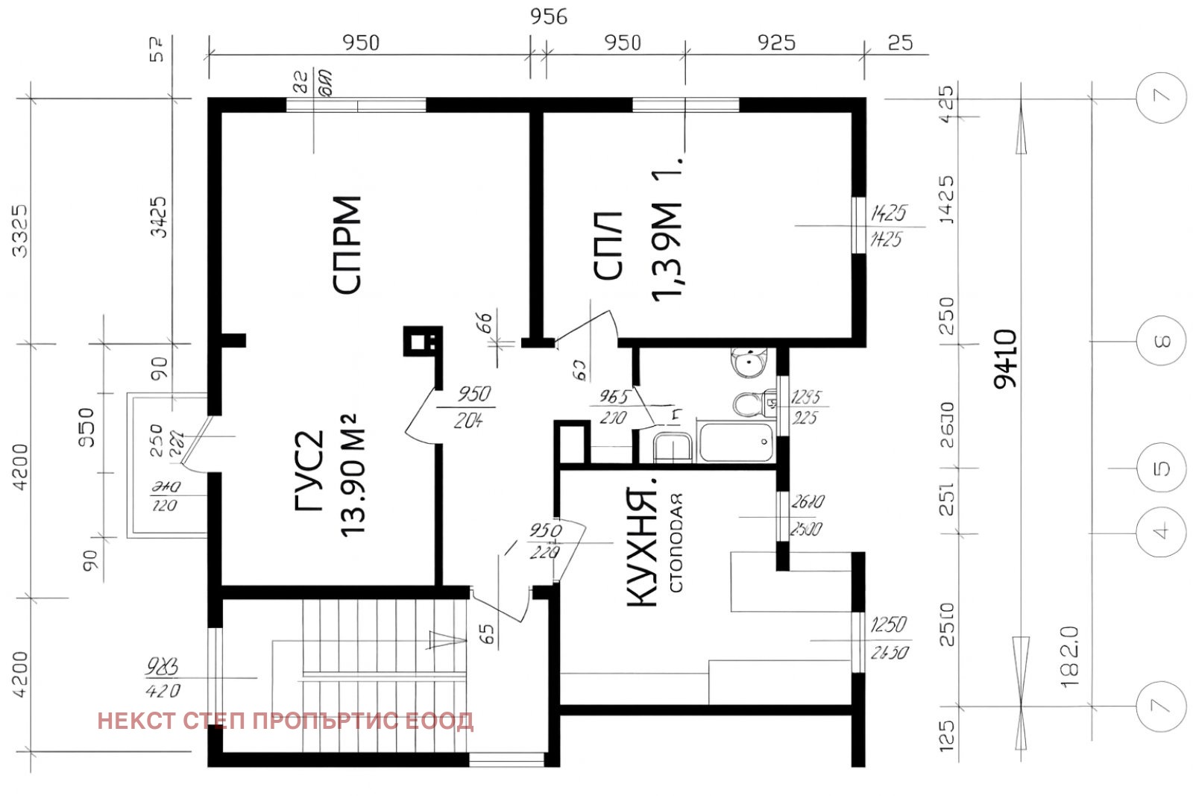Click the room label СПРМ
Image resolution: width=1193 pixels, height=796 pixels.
coord(347,245)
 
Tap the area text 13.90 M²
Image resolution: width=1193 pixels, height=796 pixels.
coord(353,474)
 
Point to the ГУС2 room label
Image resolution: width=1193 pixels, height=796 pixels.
coord(310,471)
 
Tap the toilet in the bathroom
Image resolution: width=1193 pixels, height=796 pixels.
coord(749,404)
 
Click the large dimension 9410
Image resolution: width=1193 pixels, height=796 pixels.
coord(1005,358)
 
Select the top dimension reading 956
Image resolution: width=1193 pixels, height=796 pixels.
coord(548,16)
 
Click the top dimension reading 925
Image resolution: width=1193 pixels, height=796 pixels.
coord(775,43)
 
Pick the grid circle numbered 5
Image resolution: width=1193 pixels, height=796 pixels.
coord(1161,468)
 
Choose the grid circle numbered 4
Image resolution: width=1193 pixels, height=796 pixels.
coord(1161,532)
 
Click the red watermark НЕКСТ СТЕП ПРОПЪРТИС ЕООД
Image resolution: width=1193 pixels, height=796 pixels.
coord(285,721)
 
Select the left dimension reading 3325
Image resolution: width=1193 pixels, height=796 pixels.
coord(20,231)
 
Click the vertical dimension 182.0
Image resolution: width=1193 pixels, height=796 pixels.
coord(1068,656)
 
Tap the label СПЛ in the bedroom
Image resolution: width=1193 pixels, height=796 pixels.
coord(608,245)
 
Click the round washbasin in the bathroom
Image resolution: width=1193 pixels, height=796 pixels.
coord(746,363)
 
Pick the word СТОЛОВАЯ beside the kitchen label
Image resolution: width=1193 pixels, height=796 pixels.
coord(676,542)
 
